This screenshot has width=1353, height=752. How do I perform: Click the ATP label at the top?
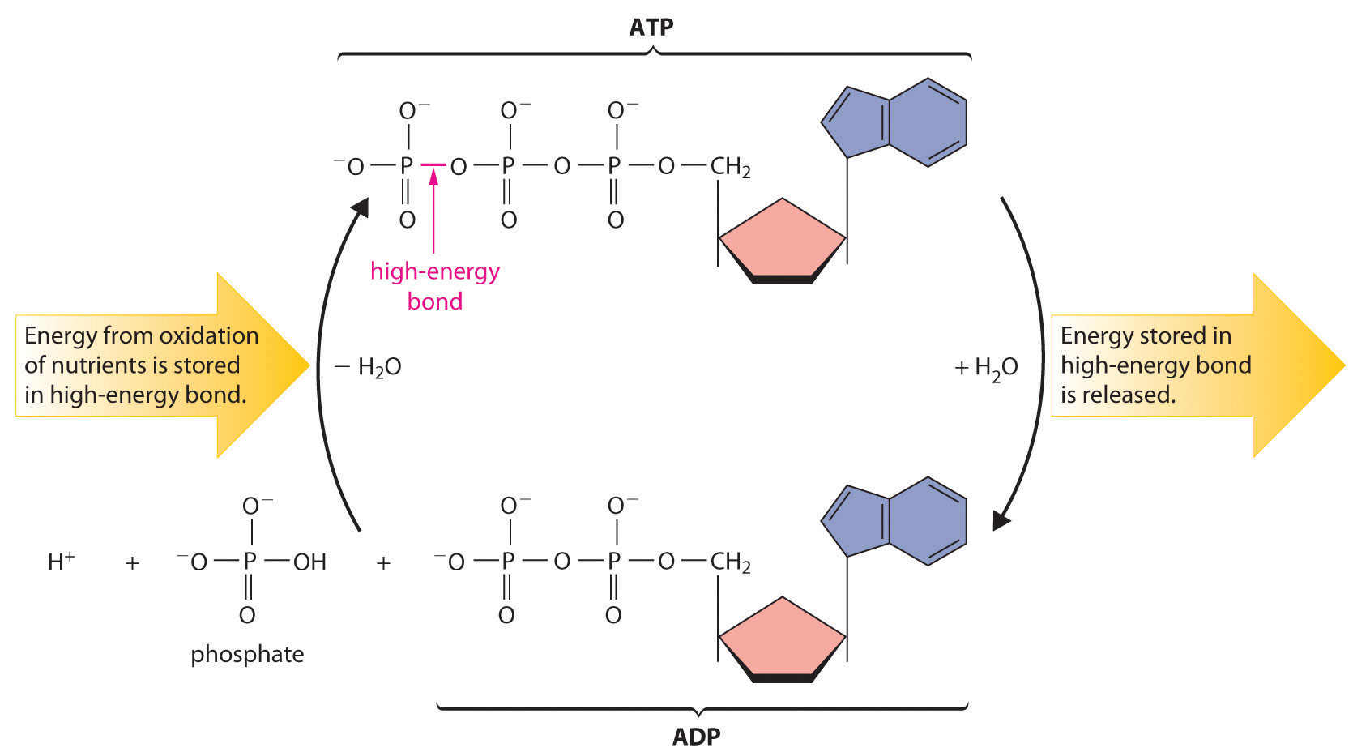tap(651, 27)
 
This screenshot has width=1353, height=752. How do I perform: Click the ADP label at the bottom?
tap(696, 737)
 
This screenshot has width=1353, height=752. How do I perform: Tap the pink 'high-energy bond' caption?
tap(435, 285)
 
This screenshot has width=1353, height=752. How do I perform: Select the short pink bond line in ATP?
tap(433, 165)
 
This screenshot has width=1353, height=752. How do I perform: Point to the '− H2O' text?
tap(369, 367)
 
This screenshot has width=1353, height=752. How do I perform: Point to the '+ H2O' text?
tap(986, 368)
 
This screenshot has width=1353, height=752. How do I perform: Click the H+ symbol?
tap(61, 562)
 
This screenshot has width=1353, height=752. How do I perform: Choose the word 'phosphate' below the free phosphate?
tap(247, 654)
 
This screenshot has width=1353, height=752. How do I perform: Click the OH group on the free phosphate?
tap(309, 562)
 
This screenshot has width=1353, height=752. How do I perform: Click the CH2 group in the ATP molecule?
tap(730, 167)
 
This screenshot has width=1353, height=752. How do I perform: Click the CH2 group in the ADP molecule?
tap(730, 562)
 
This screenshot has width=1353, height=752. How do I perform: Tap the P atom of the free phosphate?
tap(250, 562)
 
